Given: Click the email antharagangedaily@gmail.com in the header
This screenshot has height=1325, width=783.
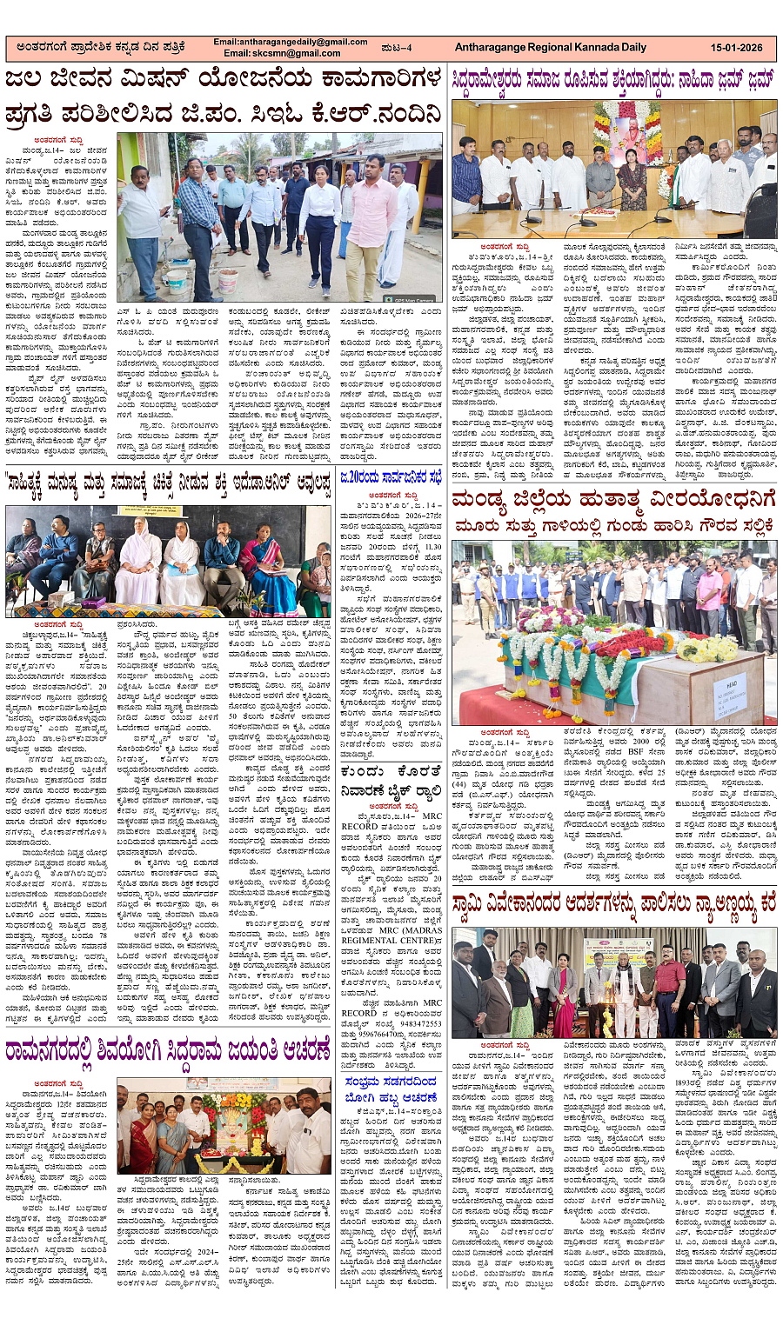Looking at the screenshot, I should [x=291, y=42].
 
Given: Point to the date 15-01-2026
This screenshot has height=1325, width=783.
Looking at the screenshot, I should [x=736, y=48].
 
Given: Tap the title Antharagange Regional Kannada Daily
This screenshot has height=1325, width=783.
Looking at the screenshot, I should [x=550, y=48].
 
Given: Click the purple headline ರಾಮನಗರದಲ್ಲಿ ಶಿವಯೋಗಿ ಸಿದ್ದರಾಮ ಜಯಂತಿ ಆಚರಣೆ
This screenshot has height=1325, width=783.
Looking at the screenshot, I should [x=168, y=1053].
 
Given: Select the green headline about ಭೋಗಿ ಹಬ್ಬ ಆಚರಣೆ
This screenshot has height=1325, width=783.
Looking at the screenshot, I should [x=391, y=1091].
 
